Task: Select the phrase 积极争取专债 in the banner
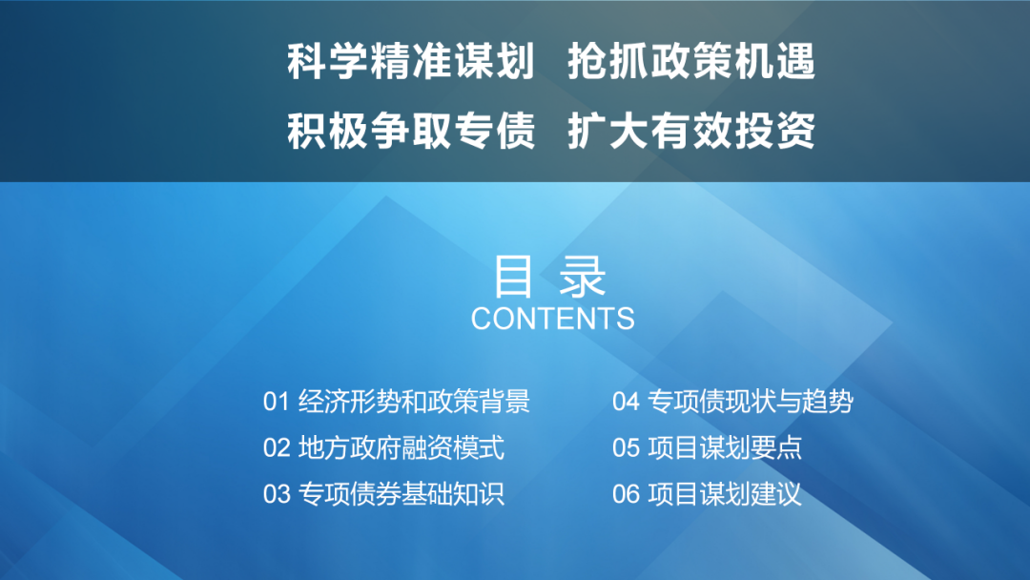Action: (x=410, y=131)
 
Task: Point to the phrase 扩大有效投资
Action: (x=691, y=131)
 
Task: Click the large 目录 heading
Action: (x=550, y=277)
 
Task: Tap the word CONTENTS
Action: (x=552, y=319)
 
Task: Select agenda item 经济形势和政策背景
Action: (x=414, y=402)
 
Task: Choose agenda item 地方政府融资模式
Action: (x=402, y=447)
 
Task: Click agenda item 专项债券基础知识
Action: (x=402, y=494)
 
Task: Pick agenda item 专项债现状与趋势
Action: (x=751, y=402)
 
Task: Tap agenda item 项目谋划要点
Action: (x=725, y=447)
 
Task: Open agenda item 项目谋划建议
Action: (x=725, y=494)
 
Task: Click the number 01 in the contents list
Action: (x=276, y=402)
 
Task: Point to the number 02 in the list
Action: (x=276, y=447)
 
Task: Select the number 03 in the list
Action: (x=276, y=494)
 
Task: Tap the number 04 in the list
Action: (x=626, y=402)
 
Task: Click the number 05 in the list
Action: (x=626, y=447)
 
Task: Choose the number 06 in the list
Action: (x=626, y=494)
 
